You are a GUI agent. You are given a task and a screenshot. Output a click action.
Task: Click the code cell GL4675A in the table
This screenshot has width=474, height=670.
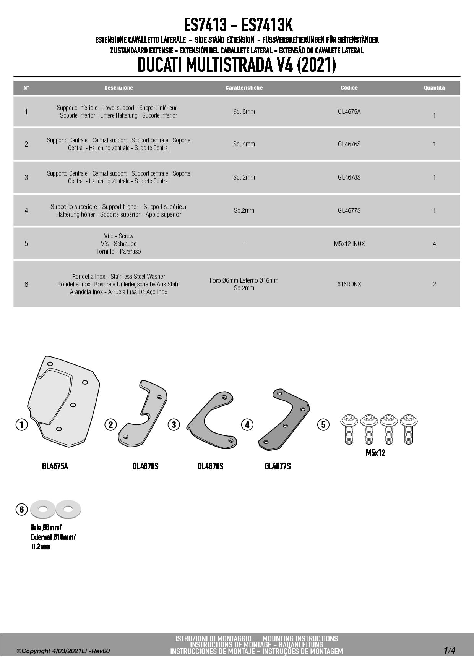point(349,112)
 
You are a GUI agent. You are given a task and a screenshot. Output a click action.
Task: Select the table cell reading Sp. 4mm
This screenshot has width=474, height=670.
point(244,144)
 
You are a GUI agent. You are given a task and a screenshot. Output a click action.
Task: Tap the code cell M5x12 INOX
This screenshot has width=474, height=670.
point(349,244)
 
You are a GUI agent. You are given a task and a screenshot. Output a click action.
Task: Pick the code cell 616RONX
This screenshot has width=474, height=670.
point(349,284)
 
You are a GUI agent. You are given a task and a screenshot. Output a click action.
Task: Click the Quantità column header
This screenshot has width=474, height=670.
point(434,88)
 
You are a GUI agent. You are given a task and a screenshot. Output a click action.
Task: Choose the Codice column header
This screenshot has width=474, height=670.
point(349,88)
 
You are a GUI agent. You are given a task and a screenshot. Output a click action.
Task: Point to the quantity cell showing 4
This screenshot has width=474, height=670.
point(434,244)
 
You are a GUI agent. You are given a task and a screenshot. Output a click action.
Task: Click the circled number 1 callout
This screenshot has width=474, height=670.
point(21,424)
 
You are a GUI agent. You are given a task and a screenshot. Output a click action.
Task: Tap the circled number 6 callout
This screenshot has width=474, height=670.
point(21,509)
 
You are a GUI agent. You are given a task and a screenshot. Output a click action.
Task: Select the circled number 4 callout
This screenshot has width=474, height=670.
point(247,424)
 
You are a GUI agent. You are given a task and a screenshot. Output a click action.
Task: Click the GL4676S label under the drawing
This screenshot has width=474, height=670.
point(145,466)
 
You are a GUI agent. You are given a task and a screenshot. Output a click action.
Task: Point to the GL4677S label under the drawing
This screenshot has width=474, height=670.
point(278,466)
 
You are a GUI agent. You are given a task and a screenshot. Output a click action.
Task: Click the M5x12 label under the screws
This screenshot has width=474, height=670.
point(375,453)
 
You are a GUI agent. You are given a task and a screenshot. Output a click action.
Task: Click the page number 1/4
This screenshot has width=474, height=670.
point(449,651)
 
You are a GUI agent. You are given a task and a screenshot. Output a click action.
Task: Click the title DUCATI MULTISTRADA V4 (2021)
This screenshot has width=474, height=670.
point(237,65)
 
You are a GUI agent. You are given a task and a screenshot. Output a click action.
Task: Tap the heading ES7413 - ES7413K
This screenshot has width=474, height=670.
point(238,25)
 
